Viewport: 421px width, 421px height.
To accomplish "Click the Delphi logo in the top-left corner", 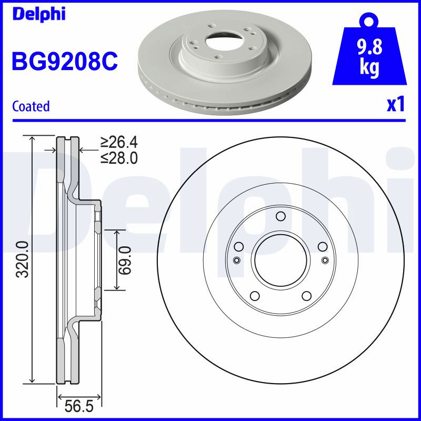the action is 39,14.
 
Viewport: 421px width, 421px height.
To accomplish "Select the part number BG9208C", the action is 65,61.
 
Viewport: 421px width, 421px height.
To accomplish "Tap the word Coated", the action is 31,106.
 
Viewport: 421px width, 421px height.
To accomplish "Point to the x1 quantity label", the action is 396,105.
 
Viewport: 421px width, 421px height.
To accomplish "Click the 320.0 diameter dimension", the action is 23,259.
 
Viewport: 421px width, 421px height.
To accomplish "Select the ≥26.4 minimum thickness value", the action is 119,142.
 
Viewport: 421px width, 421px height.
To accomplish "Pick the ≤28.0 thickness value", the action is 119,158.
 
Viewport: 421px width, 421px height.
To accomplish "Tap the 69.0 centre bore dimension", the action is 125,260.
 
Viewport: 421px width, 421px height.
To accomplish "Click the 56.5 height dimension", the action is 79,406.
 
